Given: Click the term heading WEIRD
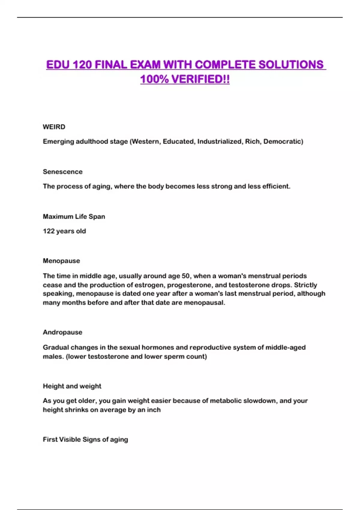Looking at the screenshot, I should point(54,127).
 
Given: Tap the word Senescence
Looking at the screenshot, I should point(63,172).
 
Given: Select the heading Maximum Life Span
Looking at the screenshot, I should point(74,216).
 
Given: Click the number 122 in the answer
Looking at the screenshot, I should point(49,231).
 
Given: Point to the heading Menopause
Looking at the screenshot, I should point(61,261).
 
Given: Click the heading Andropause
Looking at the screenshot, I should point(62,332).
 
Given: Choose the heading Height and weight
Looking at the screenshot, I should point(72,386).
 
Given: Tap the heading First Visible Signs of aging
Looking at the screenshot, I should point(85,439).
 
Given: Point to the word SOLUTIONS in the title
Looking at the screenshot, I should point(291,64).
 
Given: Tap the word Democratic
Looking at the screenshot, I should point(283,141).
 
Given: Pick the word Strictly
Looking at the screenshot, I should point(305,285).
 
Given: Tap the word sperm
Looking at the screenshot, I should point(173,356).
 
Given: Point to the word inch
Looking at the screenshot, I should point(154,409).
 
